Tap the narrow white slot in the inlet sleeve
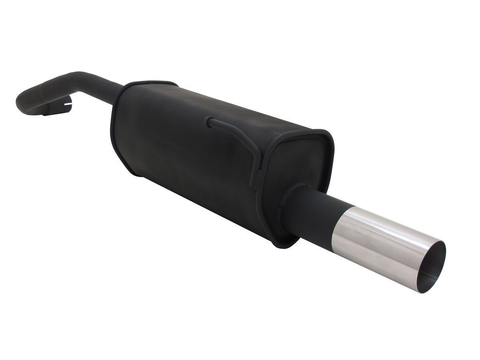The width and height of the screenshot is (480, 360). pos(68,105)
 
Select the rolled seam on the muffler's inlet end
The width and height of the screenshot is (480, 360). pos(114,120)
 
